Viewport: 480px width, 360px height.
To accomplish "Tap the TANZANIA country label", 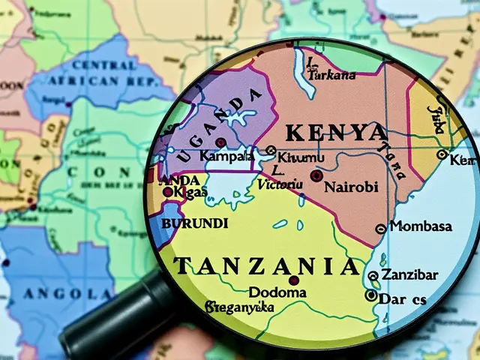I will (266, 265).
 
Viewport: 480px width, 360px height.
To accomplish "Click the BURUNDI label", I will (194, 223).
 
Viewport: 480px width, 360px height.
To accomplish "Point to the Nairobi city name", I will (351, 187).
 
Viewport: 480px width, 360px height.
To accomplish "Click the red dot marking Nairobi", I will (316, 175).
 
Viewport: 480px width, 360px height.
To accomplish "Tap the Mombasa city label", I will (421, 226).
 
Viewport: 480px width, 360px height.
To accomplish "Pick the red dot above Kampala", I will (220, 142).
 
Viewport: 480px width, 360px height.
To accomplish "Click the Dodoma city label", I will (277, 292).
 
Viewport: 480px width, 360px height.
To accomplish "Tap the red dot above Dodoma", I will (293, 280).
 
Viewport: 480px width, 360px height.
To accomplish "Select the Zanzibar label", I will (409, 274).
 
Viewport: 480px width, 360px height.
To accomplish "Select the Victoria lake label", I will (279, 182).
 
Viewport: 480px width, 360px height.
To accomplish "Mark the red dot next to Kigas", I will (167, 192).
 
